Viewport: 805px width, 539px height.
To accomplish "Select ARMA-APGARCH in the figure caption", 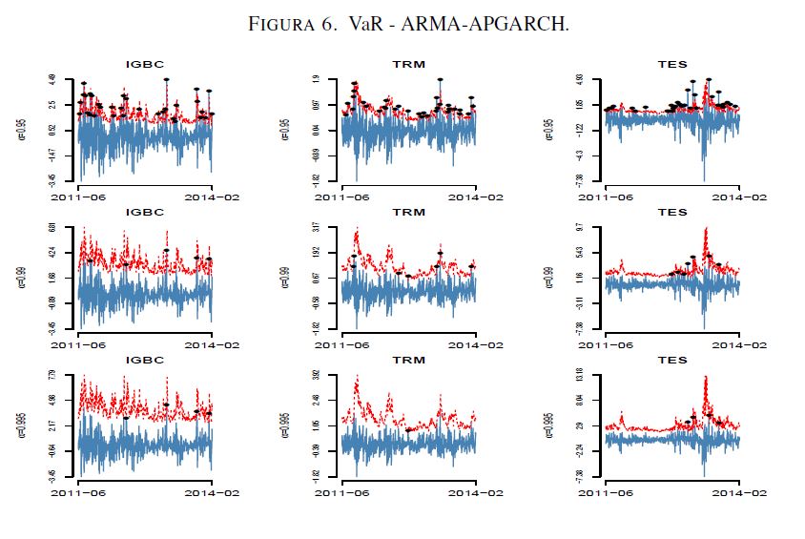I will [511, 24].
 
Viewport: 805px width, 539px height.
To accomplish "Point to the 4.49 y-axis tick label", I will [54, 79].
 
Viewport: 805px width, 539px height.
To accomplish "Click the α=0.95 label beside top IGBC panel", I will [21, 129].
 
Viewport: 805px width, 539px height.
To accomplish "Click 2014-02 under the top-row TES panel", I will [739, 197].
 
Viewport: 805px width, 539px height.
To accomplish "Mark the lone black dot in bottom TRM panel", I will [409, 430].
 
